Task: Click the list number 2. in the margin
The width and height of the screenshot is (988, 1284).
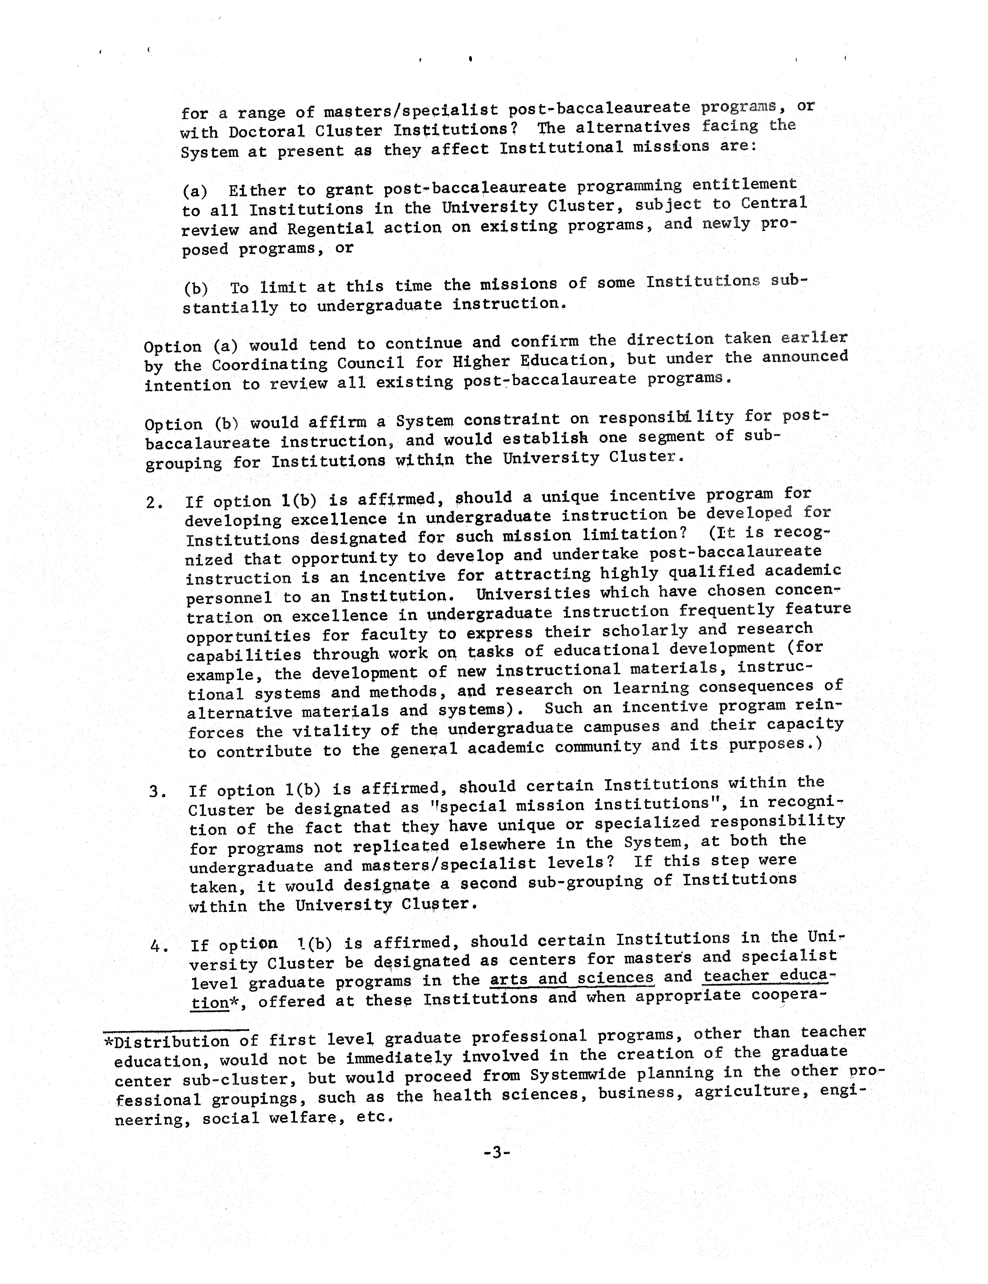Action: coord(155,503)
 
